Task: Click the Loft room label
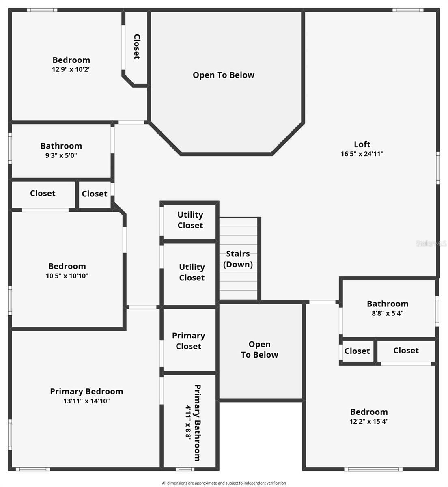(362, 144)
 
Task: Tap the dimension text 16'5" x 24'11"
(362, 154)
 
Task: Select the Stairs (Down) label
(238, 259)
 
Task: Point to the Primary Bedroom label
(86, 391)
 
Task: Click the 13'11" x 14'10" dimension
(86, 401)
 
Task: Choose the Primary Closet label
(188, 341)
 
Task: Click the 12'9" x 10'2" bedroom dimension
(71, 69)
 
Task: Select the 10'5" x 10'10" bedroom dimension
(67, 276)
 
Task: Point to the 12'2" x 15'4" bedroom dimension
(369, 421)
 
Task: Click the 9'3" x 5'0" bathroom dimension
(61, 155)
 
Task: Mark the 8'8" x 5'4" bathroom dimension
(388, 313)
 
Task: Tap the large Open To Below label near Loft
(224, 75)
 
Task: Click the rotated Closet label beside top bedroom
(137, 47)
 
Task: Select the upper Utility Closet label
(190, 220)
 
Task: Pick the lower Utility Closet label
(192, 272)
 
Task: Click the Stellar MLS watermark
(431, 243)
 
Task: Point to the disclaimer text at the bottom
(224, 483)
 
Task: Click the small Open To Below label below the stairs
(260, 349)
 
